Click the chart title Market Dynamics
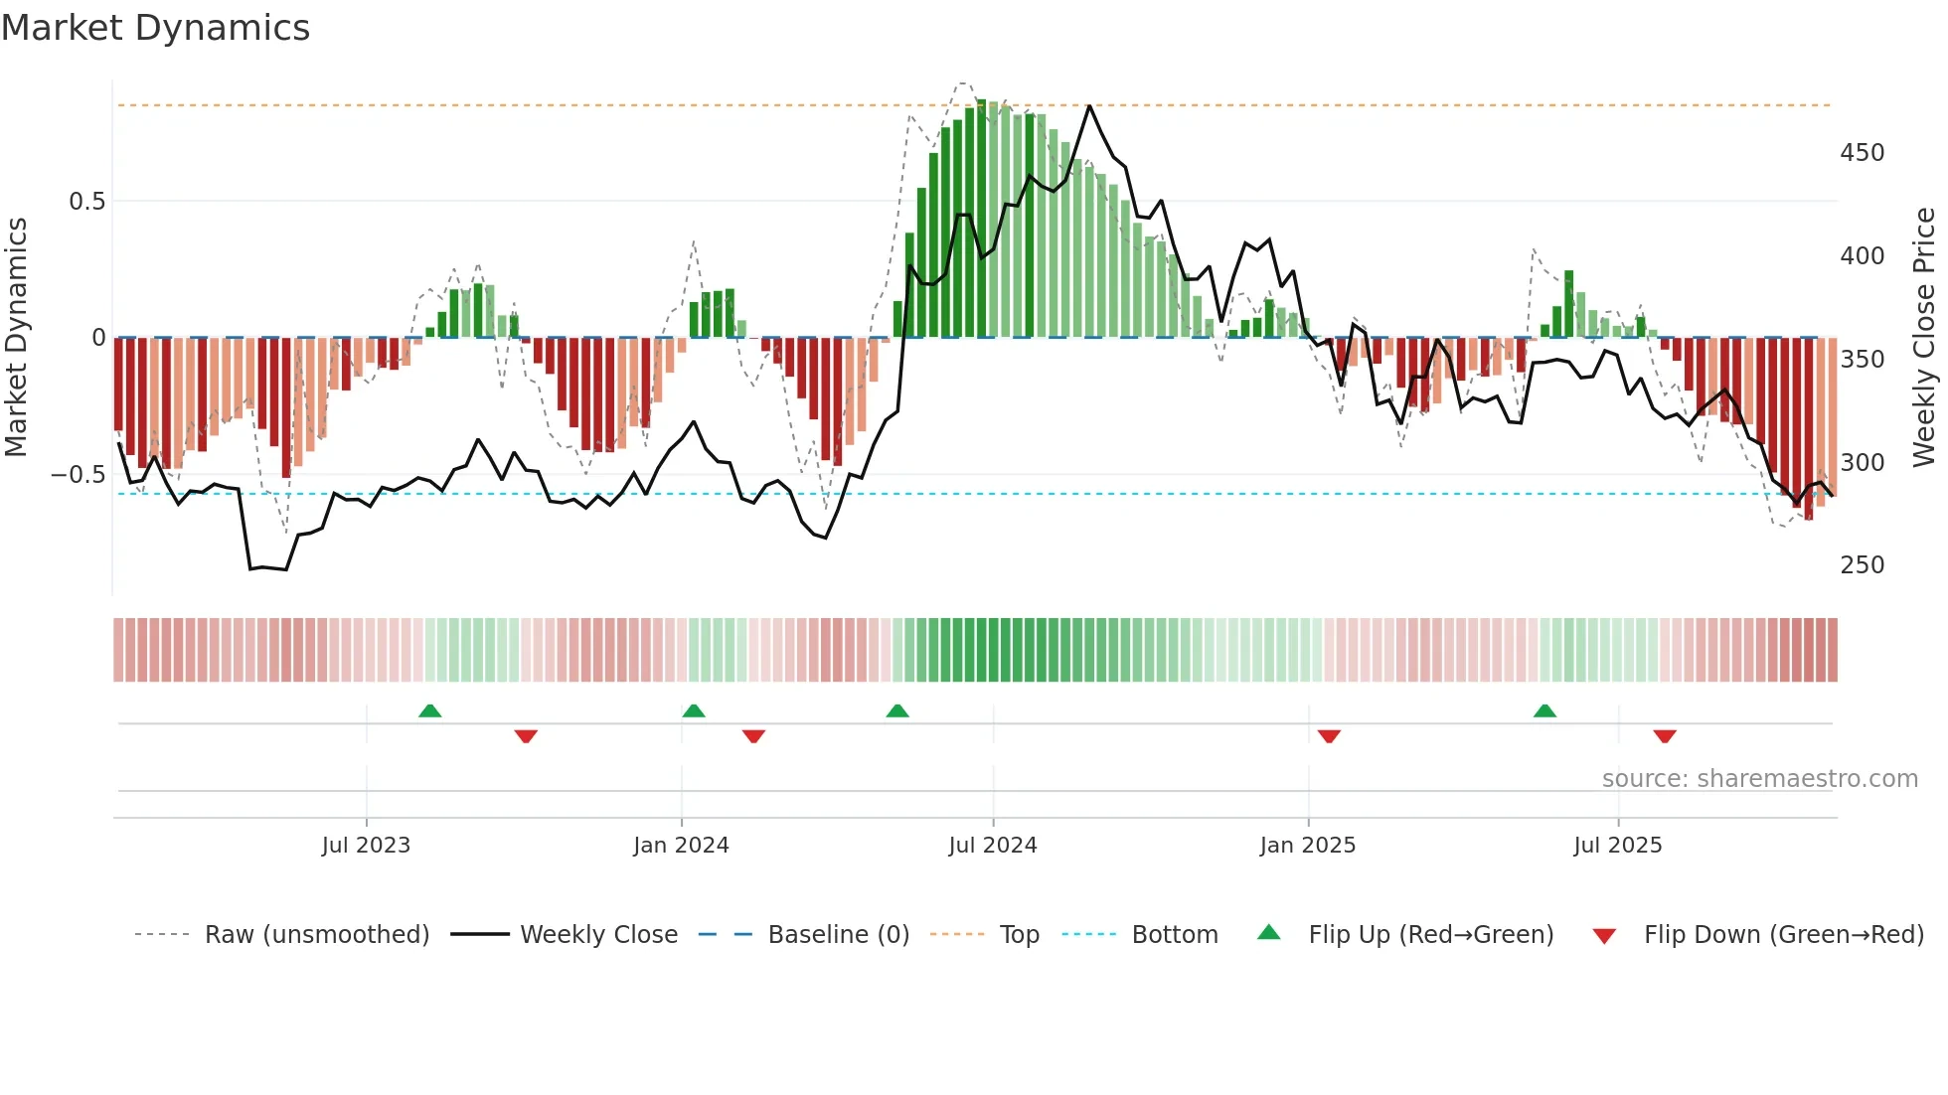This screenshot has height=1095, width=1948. click(156, 28)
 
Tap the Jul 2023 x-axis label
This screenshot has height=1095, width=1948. click(366, 846)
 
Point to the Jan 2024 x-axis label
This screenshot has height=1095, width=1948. click(681, 846)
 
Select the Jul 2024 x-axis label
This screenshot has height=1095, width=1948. click(993, 846)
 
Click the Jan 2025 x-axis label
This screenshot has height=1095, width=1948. click(1307, 846)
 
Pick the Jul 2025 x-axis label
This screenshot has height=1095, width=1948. click(1618, 846)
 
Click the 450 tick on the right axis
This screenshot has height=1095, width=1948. click(1862, 153)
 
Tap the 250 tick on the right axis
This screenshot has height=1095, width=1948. click(1862, 565)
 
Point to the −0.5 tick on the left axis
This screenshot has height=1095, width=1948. click(79, 475)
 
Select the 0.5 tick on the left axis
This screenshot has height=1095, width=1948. click(86, 202)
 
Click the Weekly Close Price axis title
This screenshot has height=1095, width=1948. click(1925, 337)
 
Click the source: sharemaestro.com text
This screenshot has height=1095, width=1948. click(1759, 779)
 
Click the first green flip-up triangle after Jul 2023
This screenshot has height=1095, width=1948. click(429, 711)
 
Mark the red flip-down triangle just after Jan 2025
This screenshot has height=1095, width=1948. click(1329, 736)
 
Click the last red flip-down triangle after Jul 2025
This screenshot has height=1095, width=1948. click(1665, 736)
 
